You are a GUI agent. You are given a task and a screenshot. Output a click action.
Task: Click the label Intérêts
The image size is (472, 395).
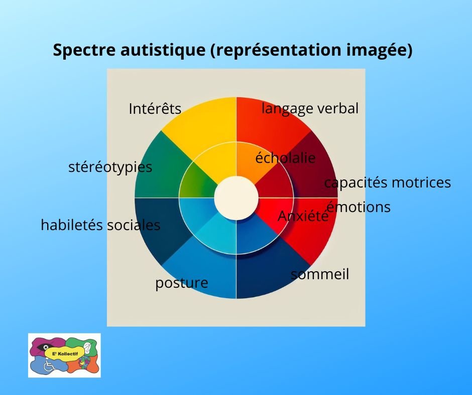155,108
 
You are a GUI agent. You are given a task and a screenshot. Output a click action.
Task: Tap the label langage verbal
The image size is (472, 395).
310,108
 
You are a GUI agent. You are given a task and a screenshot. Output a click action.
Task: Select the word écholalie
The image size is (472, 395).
285,158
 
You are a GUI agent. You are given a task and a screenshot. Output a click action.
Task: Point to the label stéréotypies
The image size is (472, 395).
110,167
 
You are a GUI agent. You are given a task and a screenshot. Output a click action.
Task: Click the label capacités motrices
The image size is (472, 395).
388,182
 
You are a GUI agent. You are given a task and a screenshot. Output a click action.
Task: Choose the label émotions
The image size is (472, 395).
359,207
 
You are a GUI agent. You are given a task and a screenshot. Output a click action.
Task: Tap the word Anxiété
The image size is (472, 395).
303,216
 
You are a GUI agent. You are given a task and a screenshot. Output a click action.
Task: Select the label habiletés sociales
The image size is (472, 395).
100,225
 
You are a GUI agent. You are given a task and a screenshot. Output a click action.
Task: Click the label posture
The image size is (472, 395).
181,283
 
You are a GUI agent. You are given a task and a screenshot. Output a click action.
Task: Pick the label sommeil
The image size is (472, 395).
320,274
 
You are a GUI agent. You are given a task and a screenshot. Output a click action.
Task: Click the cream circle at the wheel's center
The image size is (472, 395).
237,198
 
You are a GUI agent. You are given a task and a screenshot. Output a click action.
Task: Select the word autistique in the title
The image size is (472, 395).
163,50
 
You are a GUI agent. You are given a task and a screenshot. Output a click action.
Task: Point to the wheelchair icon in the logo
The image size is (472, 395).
48,365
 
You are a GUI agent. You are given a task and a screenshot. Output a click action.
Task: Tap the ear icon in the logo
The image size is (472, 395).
87,348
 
